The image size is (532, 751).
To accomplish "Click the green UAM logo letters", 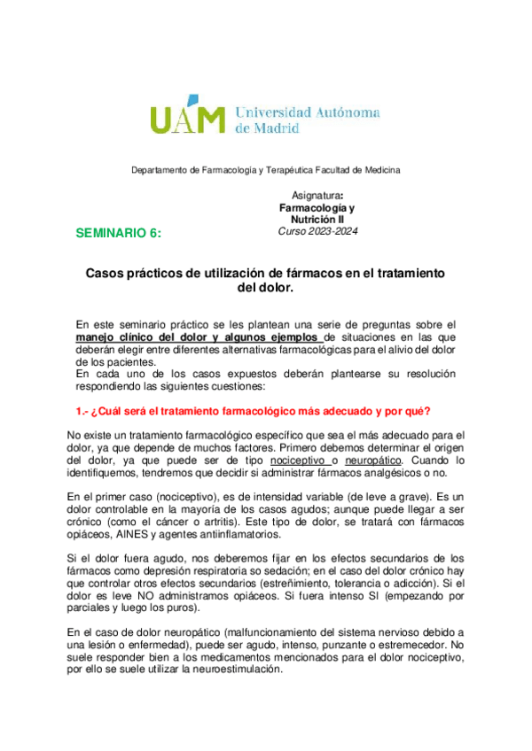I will tap(187, 118).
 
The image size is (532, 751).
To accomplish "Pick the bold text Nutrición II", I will tap(317, 219).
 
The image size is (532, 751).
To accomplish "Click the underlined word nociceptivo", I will tap(300, 461).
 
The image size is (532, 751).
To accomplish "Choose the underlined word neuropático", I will tap(372, 461).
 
